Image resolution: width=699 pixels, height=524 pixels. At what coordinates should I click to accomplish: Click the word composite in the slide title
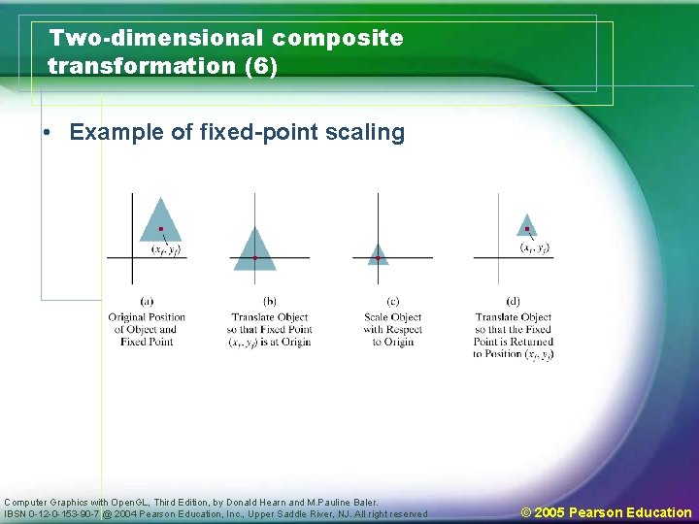tap(337, 39)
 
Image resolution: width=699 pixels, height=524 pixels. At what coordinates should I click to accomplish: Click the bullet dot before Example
tap(47, 133)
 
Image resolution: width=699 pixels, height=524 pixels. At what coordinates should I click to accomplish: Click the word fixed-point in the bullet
tap(250, 132)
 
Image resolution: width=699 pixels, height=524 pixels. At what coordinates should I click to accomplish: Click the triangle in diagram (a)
tap(160, 223)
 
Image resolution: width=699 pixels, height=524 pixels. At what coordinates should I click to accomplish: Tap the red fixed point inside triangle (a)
tap(161, 229)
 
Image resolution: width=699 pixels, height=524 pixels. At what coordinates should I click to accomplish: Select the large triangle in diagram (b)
tap(254, 251)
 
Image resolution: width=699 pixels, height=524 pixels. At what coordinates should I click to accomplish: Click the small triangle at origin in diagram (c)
tap(378, 255)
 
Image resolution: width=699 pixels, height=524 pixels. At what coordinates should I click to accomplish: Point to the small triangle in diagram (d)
tap(526, 226)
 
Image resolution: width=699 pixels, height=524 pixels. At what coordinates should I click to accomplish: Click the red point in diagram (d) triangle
tap(527, 230)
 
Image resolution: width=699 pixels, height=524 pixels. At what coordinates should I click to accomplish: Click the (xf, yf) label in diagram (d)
tap(535, 248)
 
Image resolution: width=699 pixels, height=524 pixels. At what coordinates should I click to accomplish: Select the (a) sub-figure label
tap(147, 302)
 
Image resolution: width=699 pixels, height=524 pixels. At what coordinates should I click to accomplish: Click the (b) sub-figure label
tap(269, 302)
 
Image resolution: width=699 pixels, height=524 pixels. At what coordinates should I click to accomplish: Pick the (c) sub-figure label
tap(392, 302)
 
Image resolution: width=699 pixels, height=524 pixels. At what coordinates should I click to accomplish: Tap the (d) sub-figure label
tap(513, 302)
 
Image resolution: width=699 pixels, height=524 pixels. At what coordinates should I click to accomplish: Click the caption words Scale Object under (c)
tap(392, 317)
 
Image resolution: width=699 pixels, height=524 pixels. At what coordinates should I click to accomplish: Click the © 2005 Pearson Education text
tap(606, 512)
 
